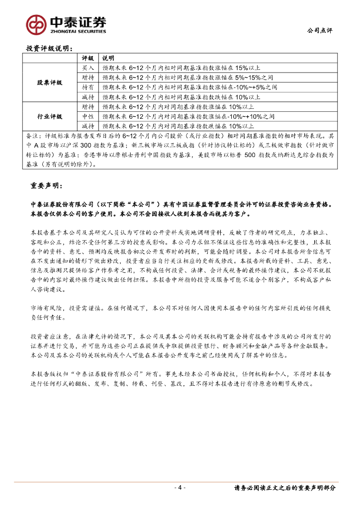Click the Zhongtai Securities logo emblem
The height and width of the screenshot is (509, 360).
[37, 24]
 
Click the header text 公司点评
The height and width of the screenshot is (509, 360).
[320, 30]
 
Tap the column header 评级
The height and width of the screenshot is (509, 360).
[88, 58]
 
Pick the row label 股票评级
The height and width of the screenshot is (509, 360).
[50, 83]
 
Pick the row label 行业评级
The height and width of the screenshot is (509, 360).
[50, 116]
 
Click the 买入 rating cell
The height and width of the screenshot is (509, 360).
[88, 68]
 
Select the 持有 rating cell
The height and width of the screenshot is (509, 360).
[88, 87]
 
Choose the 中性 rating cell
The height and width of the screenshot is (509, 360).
[88, 116]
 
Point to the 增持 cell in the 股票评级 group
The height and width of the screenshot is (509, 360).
[88, 78]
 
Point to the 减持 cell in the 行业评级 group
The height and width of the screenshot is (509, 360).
[88, 126]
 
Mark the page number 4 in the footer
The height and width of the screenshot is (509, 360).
[180, 488]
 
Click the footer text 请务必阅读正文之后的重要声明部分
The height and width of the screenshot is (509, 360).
[285, 488]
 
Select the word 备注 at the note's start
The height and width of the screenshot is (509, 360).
[32, 136]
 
